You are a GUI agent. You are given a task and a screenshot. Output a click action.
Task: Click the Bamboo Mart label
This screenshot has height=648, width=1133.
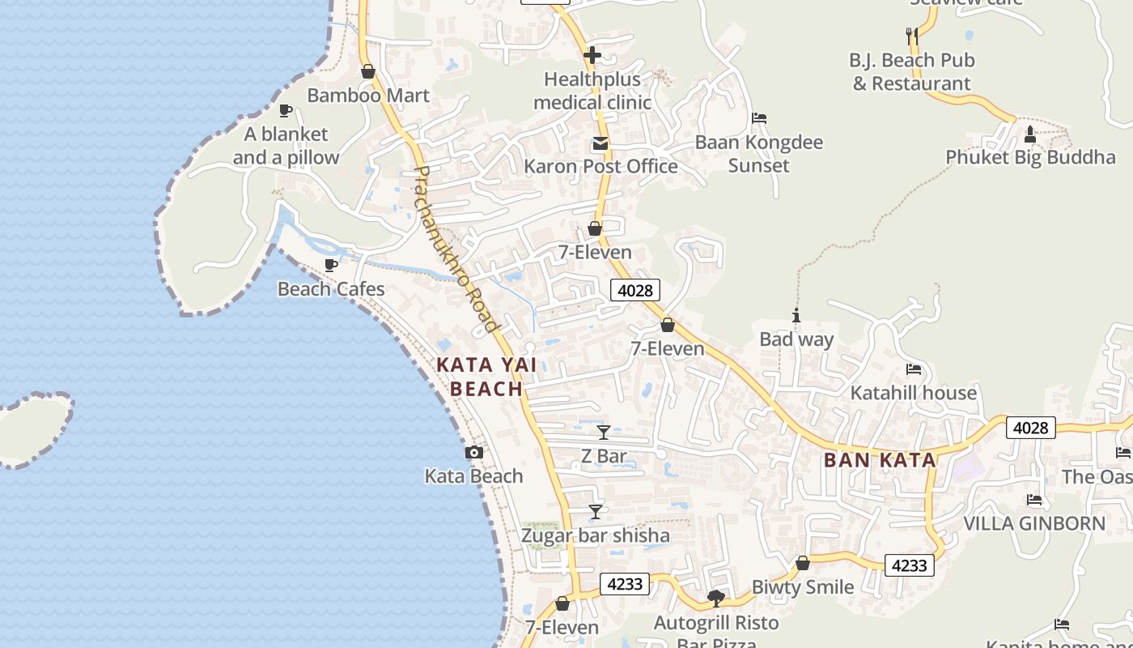[x=367, y=96]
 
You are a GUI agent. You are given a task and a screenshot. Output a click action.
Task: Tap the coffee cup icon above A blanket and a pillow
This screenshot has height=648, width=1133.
[x=285, y=110]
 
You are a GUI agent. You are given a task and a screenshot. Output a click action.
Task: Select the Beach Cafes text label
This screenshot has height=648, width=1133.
[x=331, y=289]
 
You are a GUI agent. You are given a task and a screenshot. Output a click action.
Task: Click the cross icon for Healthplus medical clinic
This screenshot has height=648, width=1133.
[x=592, y=55]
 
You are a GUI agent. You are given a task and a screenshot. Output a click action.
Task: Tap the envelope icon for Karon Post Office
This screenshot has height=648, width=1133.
[x=600, y=143]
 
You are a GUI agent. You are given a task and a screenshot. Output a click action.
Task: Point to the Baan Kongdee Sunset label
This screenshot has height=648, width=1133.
[x=758, y=154]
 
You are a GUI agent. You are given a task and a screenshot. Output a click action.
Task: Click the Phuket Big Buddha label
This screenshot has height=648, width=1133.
[x=1029, y=157]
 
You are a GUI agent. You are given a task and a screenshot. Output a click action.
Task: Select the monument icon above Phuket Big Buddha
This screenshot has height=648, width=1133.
[x=1029, y=134]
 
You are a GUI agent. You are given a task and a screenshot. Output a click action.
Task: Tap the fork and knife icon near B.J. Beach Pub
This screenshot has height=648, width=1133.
[x=912, y=36]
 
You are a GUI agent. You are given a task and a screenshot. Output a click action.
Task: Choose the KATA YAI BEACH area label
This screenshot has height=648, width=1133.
[x=486, y=377]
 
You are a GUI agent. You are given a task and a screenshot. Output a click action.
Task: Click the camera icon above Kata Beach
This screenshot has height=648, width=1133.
[x=474, y=453]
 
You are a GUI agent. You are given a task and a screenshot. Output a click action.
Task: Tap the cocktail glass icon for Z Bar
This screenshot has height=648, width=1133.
[x=603, y=433]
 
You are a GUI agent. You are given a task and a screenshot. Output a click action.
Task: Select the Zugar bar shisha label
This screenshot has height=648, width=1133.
[x=595, y=535]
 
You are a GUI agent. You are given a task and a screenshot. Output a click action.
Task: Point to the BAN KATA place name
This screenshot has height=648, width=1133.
[x=879, y=460]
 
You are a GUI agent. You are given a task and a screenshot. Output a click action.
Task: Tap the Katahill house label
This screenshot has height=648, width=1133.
[x=913, y=393]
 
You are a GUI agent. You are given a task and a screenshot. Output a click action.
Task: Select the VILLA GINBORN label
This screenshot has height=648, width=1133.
[x=1033, y=523]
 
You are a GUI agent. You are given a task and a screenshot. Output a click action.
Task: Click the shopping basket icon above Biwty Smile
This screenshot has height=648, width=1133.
[x=803, y=563]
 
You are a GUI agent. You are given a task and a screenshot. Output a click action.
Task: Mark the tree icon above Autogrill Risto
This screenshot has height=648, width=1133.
[x=715, y=599]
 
